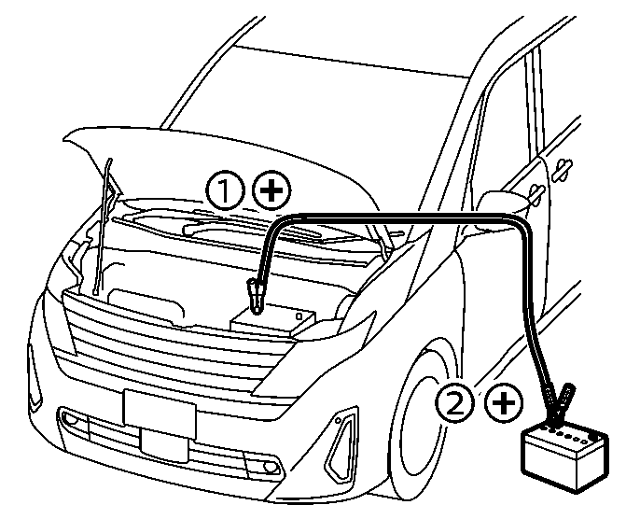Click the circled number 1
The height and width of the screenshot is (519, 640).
(225, 190)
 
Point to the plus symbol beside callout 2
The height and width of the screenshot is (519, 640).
(504, 403)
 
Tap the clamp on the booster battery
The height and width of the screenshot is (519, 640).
(558, 406)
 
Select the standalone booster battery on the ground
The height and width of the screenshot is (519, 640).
(565, 456)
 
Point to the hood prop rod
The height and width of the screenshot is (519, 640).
(103, 227)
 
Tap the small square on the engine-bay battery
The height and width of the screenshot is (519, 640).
(299, 316)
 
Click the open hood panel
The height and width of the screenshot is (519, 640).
(220, 163)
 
